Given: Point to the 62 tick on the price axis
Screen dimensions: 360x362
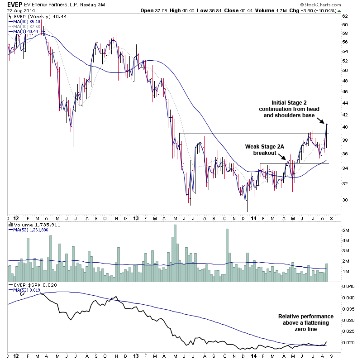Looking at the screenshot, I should (345, 15).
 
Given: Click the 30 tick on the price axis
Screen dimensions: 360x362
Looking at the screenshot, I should (345, 199).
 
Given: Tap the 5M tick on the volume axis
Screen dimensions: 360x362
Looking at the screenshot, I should (346, 230).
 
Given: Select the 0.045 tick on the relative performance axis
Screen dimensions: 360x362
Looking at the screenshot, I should (348, 287).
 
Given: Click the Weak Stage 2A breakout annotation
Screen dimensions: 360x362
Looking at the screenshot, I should (262, 150).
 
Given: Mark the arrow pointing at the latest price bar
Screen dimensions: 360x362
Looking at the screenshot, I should (321, 121).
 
